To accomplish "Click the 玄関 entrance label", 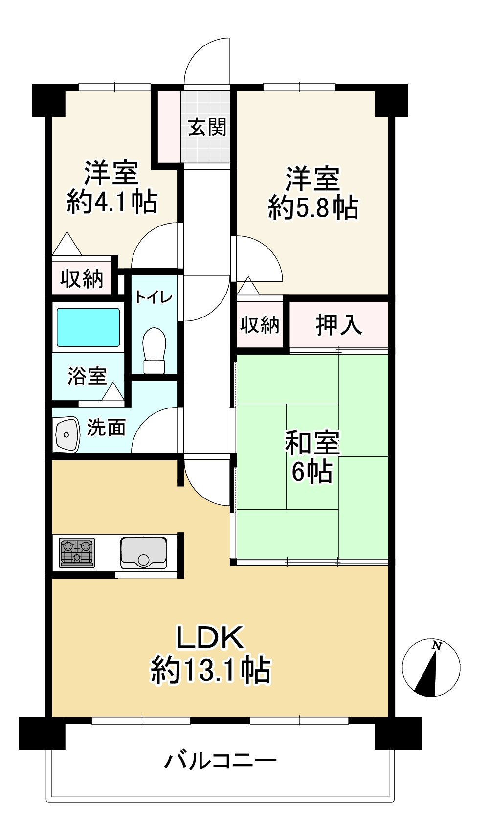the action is [x=207, y=127].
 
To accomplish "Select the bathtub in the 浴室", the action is [x=88, y=327].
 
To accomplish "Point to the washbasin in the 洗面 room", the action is [x=67, y=434].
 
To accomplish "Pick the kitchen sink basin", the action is [x=144, y=553].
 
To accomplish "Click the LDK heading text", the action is [x=210, y=637].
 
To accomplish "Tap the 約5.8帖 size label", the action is [x=313, y=208].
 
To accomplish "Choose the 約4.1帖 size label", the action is [x=112, y=203].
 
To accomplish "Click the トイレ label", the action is [x=154, y=298].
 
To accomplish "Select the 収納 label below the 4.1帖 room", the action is [x=82, y=278].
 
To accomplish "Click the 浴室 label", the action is [x=87, y=376].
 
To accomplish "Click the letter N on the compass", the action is [x=436, y=645].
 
